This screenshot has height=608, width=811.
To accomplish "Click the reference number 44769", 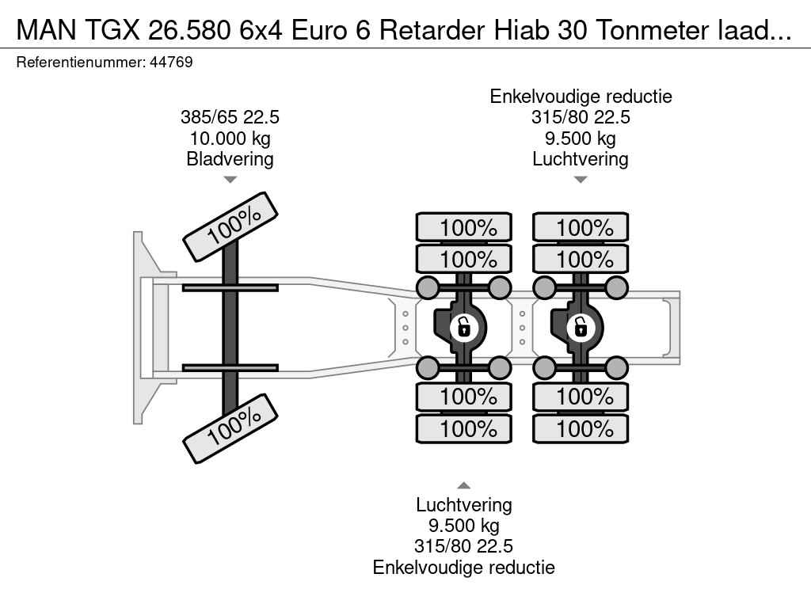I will [x=170, y=63].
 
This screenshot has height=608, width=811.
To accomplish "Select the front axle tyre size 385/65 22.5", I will [x=230, y=117].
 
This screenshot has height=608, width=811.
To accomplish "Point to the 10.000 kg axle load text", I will [x=230, y=139].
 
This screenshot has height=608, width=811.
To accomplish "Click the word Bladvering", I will [x=230, y=159].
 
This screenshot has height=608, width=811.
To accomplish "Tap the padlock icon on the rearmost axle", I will [x=580, y=325].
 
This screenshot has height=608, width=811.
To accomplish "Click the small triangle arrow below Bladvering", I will [x=230, y=180].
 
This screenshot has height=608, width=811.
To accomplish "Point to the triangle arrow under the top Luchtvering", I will [x=581, y=180].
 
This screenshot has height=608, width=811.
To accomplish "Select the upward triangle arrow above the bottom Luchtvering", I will [x=464, y=485].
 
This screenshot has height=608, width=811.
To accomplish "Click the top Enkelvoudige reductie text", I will [x=581, y=97].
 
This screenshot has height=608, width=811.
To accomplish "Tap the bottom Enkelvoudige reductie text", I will [x=464, y=567].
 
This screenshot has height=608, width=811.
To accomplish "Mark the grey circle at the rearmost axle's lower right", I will [x=617, y=367].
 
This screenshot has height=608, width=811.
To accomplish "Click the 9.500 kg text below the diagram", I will [x=464, y=526].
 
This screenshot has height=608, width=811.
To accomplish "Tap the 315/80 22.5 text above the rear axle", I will [x=581, y=117].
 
